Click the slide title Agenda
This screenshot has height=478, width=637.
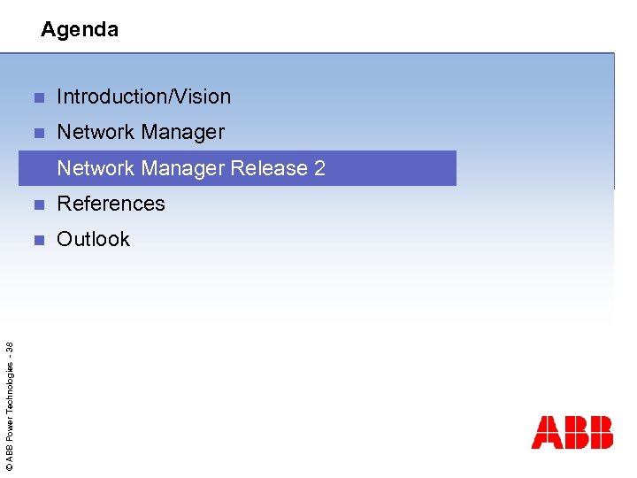click(80, 30)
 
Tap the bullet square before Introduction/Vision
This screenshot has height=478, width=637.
click(37, 97)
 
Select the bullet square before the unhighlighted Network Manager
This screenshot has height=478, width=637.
click(37, 134)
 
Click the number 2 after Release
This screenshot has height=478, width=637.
click(319, 168)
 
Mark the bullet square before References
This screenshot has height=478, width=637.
click(37, 204)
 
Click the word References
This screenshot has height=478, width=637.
click(111, 204)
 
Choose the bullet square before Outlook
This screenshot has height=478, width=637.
click(37, 240)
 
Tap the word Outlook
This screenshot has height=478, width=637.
click(93, 239)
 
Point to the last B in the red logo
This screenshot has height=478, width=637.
click(600, 432)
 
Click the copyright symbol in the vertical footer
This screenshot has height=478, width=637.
click(9, 466)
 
